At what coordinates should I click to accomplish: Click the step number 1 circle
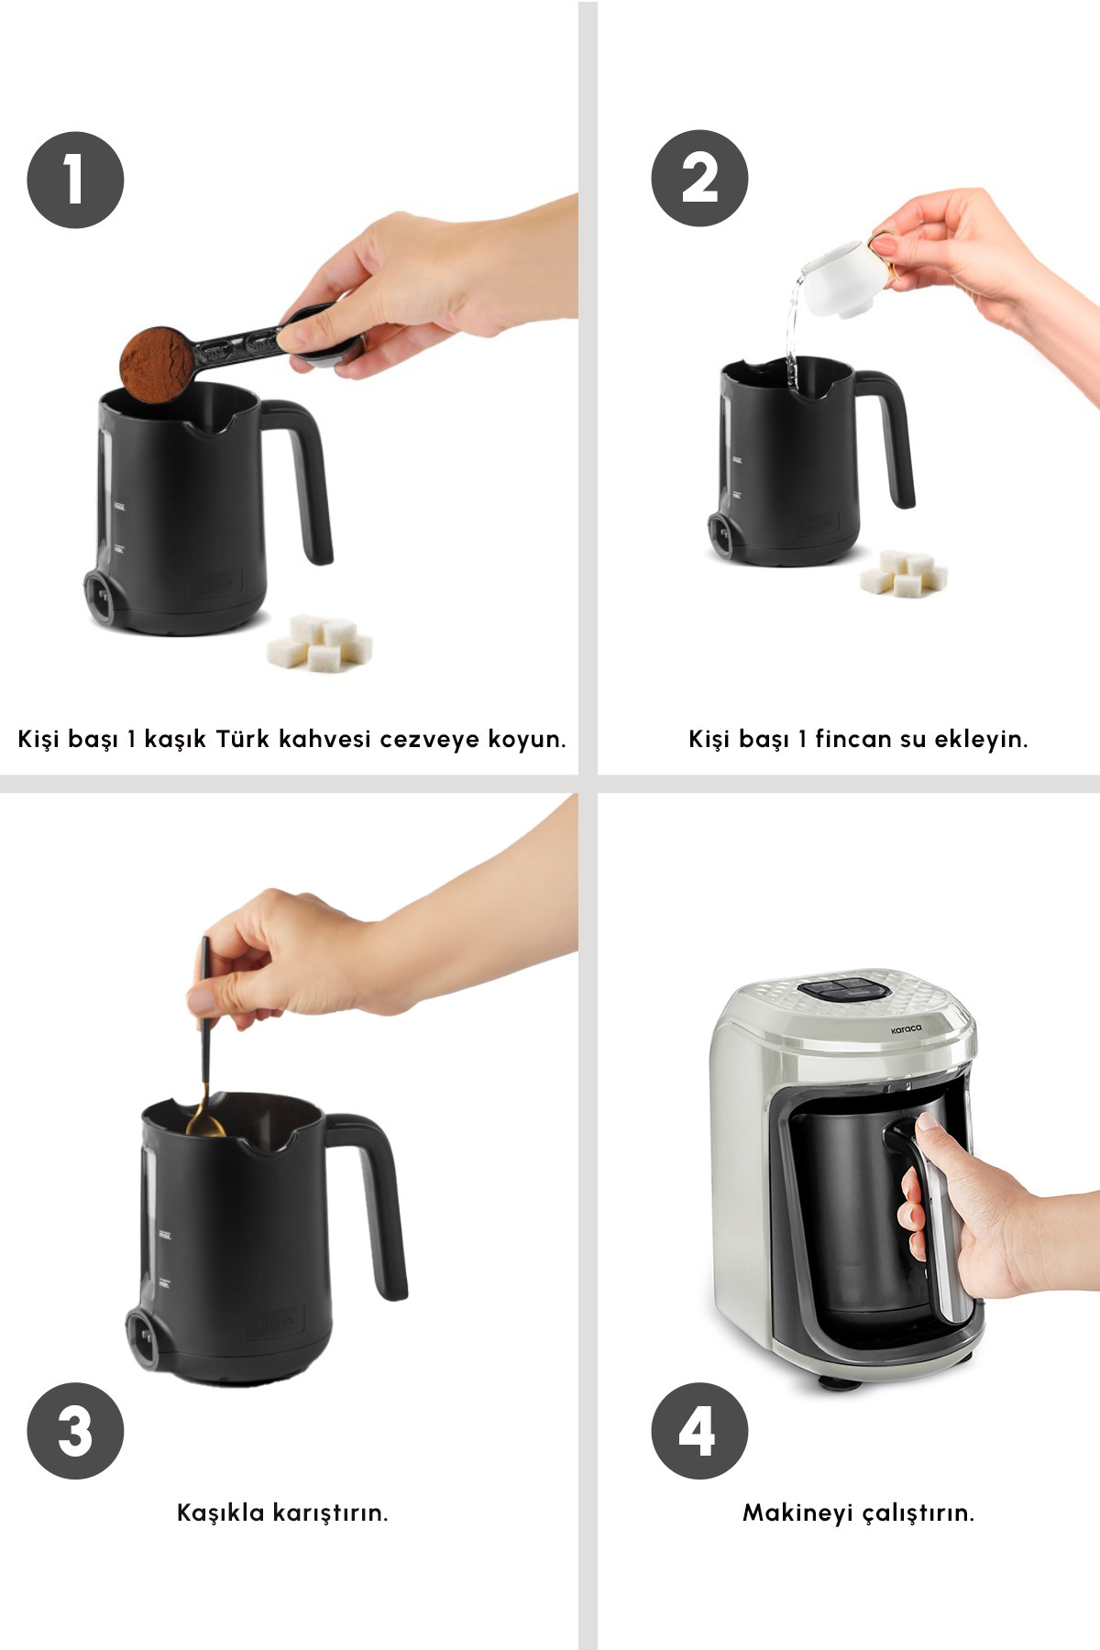(75, 180)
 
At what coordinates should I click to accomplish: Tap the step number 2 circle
(699, 178)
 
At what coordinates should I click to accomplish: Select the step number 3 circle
(75, 1431)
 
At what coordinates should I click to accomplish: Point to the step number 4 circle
(699, 1431)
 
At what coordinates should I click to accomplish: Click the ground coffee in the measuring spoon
(157, 364)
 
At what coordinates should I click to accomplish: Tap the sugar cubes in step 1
(320, 643)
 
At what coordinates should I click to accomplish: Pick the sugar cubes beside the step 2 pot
(904, 573)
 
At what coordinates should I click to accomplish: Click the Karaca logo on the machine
(907, 1030)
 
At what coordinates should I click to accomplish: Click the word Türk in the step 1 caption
(243, 739)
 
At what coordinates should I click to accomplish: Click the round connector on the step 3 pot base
(144, 1338)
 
